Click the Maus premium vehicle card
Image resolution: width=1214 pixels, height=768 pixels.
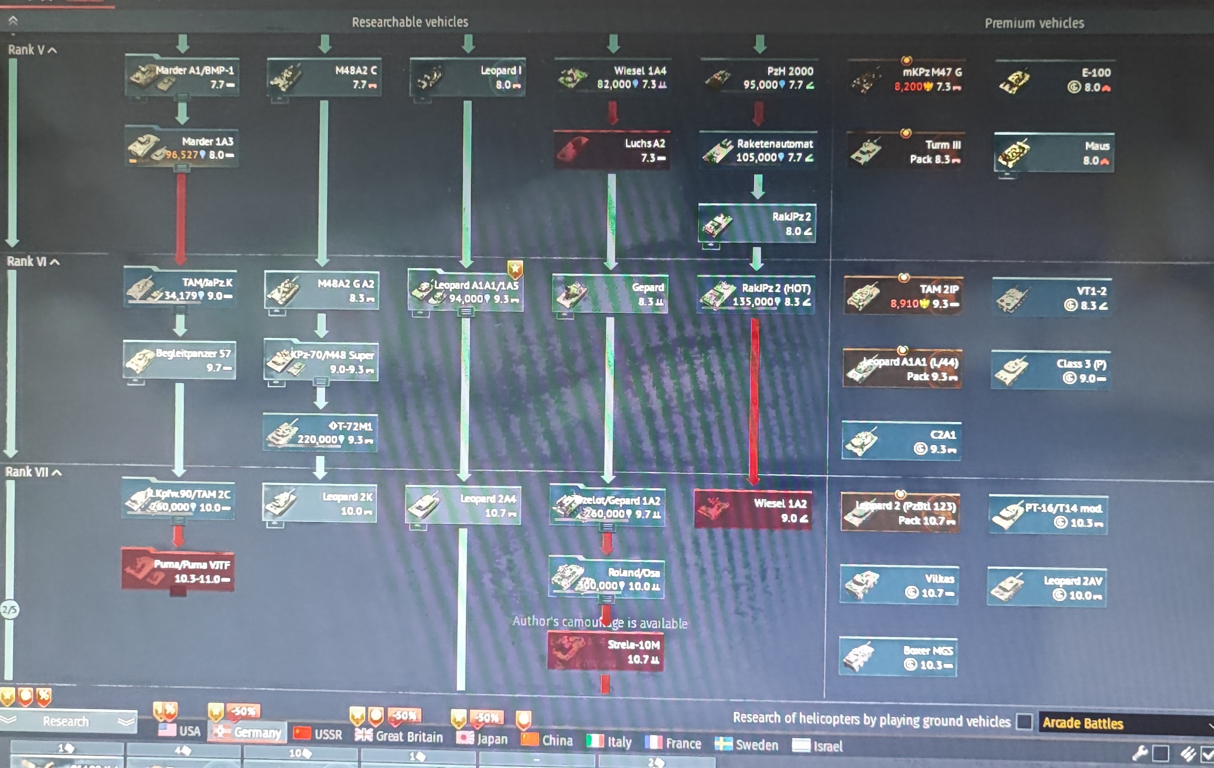pyautogui.click(x=1054, y=153)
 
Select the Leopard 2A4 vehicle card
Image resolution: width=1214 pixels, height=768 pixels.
pyautogui.click(x=463, y=505)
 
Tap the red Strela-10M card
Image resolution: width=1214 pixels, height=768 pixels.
pyautogui.click(x=605, y=652)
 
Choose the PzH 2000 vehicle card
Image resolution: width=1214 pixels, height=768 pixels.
pyautogui.click(x=759, y=78)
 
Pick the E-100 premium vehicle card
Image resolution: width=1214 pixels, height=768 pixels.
pyautogui.click(x=1055, y=80)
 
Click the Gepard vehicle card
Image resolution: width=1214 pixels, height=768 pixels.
pyautogui.click(x=610, y=294)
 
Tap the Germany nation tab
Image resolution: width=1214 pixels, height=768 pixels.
pyautogui.click(x=247, y=732)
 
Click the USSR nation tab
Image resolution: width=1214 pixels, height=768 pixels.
pyautogui.click(x=318, y=734)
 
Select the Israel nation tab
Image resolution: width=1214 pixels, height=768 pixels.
pyautogui.click(x=817, y=746)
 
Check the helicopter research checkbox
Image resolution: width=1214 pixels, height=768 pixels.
pyautogui.click(x=1024, y=721)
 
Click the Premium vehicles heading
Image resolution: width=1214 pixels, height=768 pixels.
pyautogui.click(x=1034, y=23)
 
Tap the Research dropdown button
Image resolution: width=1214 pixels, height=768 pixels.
pyautogui.click(x=68, y=721)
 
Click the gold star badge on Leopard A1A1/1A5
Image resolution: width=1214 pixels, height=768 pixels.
pyautogui.click(x=515, y=269)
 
